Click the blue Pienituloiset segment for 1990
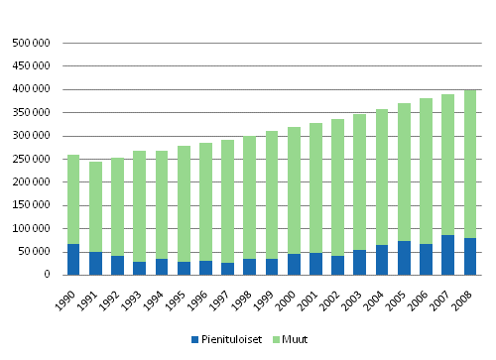73,259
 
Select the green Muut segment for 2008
470,164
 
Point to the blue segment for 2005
404,258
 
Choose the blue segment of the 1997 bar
228,269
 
